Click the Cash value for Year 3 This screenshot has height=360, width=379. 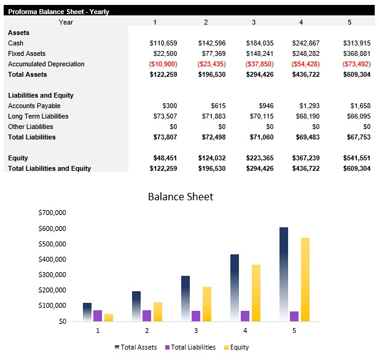(x=260, y=43)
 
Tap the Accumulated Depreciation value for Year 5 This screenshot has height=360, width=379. (x=356, y=64)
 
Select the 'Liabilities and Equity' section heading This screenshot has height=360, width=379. (x=41, y=95)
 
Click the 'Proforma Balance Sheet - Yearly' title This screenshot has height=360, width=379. (x=58, y=11)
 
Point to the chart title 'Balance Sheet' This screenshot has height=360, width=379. (x=181, y=197)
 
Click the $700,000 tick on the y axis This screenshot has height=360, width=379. (x=52, y=213)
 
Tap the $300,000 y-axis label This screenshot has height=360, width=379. (x=52, y=275)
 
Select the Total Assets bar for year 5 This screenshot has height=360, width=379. (x=283, y=274)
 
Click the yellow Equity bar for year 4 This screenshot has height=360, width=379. (x=256, y=292)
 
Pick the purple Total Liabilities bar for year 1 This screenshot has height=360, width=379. (x=98, y=316)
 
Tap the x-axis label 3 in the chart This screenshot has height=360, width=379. (x=196, y=331)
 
